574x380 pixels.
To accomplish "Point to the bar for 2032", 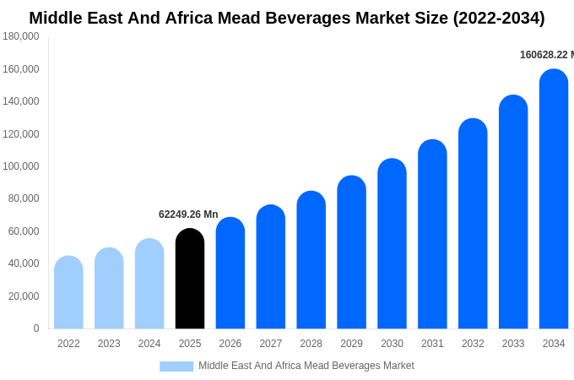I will (473, 224).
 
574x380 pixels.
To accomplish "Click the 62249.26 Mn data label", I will (188, 214).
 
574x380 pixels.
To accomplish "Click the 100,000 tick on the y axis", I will (21, 166).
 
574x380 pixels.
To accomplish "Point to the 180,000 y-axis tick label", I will (21, 36).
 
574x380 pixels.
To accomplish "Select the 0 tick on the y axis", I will (35, 328).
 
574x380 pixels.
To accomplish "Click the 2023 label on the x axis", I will (109, 344).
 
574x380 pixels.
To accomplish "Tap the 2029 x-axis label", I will (351, 344).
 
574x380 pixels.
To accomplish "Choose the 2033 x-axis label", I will (513, 344).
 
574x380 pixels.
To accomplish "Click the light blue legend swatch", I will (176, 366).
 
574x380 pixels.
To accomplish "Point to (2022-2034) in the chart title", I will (499, 18).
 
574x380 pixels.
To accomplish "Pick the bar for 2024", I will (149, 284).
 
